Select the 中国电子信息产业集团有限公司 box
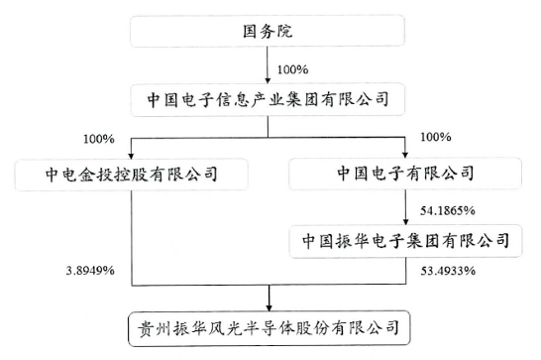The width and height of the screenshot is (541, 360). (270, 100)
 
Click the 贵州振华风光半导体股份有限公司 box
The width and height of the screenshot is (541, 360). (270, 325)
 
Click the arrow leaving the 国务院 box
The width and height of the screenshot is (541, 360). (270, 67)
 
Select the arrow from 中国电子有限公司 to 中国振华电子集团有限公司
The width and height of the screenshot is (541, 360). (407, 208)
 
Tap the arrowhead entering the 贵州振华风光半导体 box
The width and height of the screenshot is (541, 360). (270, 302)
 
